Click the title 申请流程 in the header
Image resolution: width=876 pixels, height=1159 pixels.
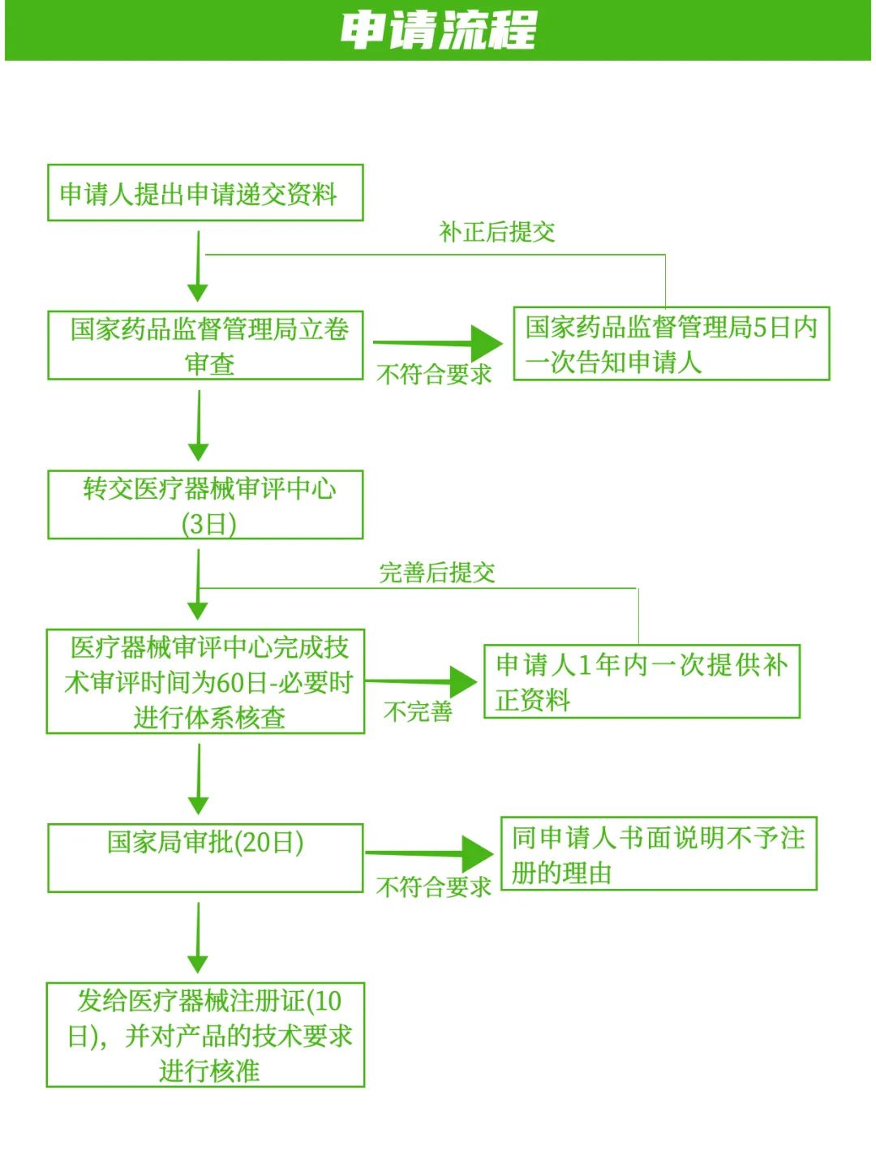438,31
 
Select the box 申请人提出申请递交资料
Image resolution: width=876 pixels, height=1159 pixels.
205,193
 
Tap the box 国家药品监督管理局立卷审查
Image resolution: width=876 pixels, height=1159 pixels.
205,345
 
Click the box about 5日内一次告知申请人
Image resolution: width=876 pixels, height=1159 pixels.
672,343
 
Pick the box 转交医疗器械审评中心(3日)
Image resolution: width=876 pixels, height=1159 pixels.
205,504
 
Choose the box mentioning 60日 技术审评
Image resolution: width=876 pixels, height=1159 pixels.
205,681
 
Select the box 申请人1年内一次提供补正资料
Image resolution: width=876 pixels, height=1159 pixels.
642,681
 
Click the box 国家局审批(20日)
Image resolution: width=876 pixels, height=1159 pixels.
205,858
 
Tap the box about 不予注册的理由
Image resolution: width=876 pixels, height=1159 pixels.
659,854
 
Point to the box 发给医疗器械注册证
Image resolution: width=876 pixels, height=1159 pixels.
205,1035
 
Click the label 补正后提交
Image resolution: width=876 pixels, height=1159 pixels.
497,232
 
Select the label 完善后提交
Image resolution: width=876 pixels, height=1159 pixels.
437,573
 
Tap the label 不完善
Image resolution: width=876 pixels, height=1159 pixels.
418,711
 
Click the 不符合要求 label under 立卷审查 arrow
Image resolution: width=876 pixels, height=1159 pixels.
434,374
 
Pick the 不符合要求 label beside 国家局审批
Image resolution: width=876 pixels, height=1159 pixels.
434,886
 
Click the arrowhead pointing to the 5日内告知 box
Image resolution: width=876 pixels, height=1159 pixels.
487,343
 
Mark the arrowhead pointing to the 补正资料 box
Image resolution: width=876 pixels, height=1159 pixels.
462,682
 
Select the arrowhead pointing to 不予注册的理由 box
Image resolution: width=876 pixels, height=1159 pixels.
478,854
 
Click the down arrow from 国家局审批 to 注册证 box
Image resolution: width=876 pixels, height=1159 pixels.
198,941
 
